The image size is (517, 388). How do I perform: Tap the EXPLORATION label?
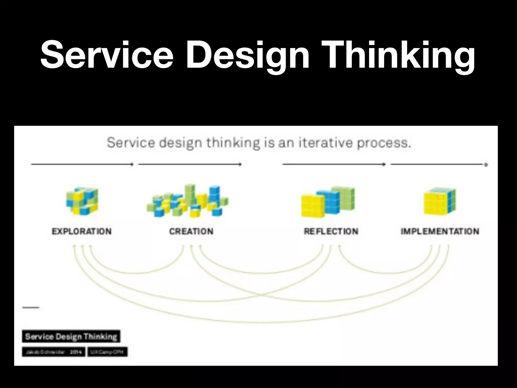coord(82,231)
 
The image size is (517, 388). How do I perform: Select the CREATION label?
coord(191,231)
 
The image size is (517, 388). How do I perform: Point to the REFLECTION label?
coord(331,231)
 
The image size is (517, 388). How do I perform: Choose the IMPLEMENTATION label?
coord(440,231)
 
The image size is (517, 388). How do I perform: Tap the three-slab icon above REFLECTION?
coord(328,202)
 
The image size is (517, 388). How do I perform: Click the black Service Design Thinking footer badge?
coord(71,336)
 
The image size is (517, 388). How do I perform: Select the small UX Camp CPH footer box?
coord(107,352)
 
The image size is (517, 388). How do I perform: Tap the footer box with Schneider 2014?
coord(54,352)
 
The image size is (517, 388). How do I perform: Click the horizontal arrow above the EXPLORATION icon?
coord(82,164)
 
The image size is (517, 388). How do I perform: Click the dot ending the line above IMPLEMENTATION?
coord(486,165)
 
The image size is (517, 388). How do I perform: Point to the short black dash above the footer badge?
coord(31,307)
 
